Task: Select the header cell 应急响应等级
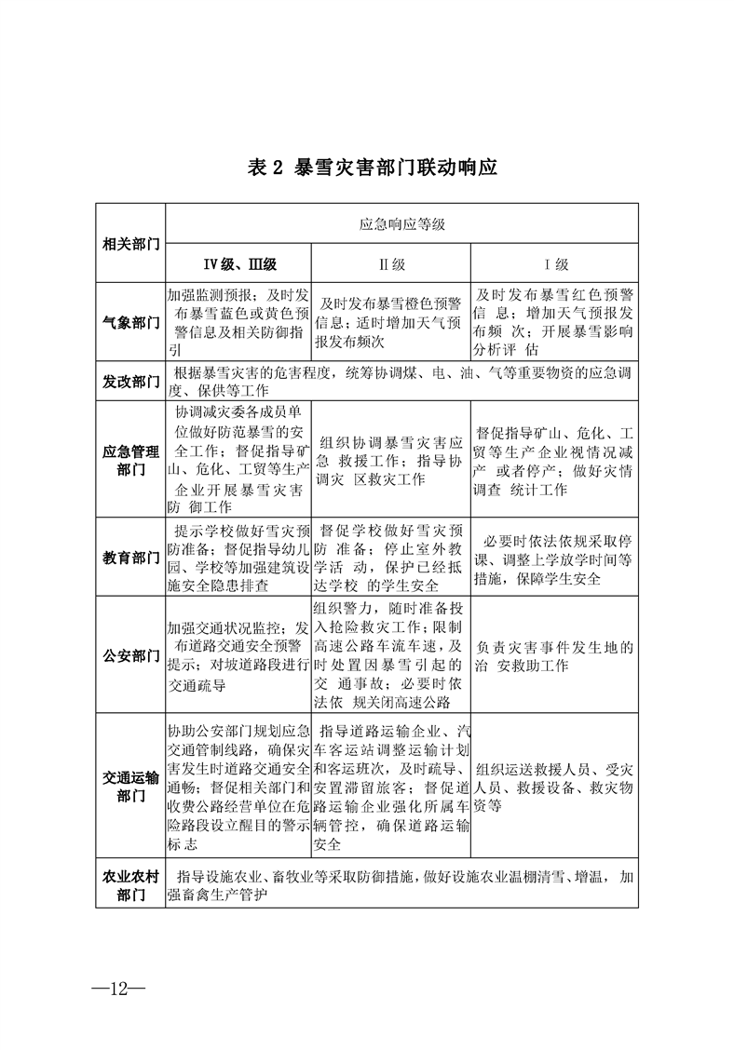coord(402,224)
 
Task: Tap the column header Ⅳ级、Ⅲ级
coord(239,263)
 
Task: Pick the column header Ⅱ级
coord(392,263)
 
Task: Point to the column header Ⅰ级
coord(556,263)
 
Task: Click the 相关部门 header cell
coord(130,244)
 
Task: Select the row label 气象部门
coord(130,322)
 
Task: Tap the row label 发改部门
coord(130,383)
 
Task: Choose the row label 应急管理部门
coord(130,461)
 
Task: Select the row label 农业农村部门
coord(130,885)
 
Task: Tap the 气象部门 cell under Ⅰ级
coord(556,322)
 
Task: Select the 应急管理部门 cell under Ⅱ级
coord(392,461)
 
